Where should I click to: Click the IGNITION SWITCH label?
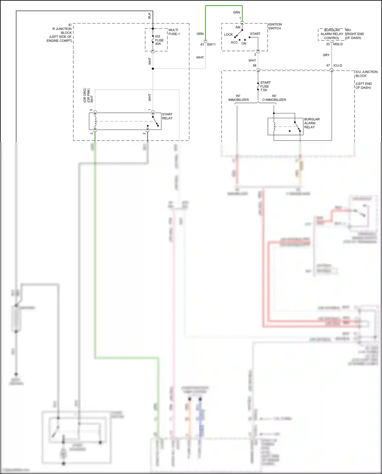click(x=275, y=26)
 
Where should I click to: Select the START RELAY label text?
click(x=167, y=116)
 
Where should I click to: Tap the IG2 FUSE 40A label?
click(x=159, y=40)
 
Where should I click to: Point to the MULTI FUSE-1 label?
click(x=174, y=32)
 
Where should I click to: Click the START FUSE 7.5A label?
click(x=265, y=86)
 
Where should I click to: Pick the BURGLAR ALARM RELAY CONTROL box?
click(x=332, y=34)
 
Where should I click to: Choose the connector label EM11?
click(x=211, y=44)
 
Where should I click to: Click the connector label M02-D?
click(x=338, y=44)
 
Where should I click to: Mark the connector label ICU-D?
click(x=338, y=65)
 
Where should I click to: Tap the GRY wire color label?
click(x=326, y=55)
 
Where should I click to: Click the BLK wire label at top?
click(x=149, y=16)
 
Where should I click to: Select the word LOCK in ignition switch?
click(x=228, y=35)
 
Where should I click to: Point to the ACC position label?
click(x=234, y=42)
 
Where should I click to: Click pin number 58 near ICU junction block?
click(x=254, y=65)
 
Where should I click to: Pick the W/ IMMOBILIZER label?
click(x=238, y=98)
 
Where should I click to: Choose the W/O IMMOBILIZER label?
click(x=274, y=98)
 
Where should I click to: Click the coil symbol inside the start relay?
click(x=95, y=121)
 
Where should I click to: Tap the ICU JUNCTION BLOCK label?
click(x=366, y=74)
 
